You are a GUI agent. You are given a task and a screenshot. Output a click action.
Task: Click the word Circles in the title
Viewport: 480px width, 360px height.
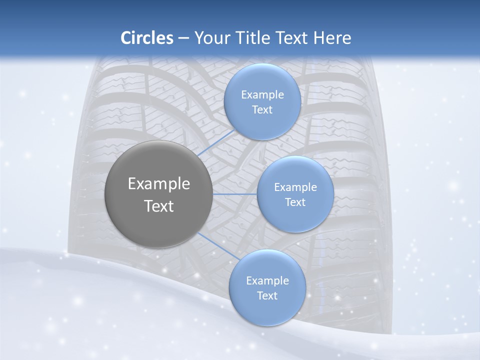147,38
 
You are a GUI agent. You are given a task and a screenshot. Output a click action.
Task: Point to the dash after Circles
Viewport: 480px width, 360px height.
183,38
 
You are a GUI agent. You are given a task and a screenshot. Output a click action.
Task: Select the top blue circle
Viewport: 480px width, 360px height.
262,101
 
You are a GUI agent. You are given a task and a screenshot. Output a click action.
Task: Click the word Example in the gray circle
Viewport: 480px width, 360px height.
159,184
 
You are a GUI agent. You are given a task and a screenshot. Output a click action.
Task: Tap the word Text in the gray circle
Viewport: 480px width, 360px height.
159,206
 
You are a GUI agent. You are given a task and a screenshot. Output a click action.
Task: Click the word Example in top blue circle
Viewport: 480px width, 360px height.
262,94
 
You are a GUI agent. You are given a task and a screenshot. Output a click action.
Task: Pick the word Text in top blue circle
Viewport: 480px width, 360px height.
262,109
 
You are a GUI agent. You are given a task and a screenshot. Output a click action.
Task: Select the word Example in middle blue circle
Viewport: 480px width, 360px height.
295,187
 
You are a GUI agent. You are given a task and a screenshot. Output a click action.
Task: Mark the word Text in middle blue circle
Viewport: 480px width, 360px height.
295,202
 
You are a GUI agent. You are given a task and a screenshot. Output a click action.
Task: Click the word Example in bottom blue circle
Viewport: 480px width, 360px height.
267,281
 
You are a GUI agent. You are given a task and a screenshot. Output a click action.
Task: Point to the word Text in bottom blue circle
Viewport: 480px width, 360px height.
267,295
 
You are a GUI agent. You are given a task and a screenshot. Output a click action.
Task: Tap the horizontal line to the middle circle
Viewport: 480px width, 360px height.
235,194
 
